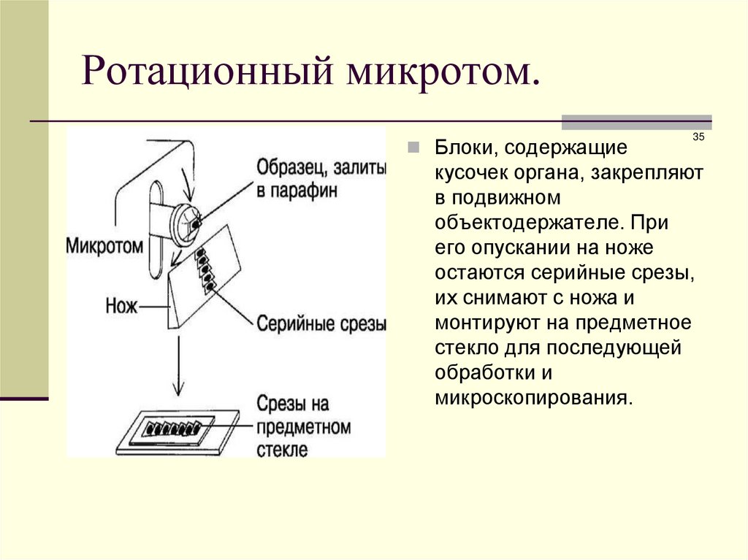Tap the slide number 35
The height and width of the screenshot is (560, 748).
[698, 138]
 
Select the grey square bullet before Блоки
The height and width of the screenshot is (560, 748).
[413, 148]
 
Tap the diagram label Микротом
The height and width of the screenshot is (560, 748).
[104, 245]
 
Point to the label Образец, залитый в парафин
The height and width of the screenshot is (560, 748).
[320, 179]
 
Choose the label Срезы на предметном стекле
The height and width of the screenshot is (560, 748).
[303, 426]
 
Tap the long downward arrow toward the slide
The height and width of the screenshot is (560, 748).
[175, 365]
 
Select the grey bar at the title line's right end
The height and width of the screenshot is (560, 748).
[636, 122]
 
